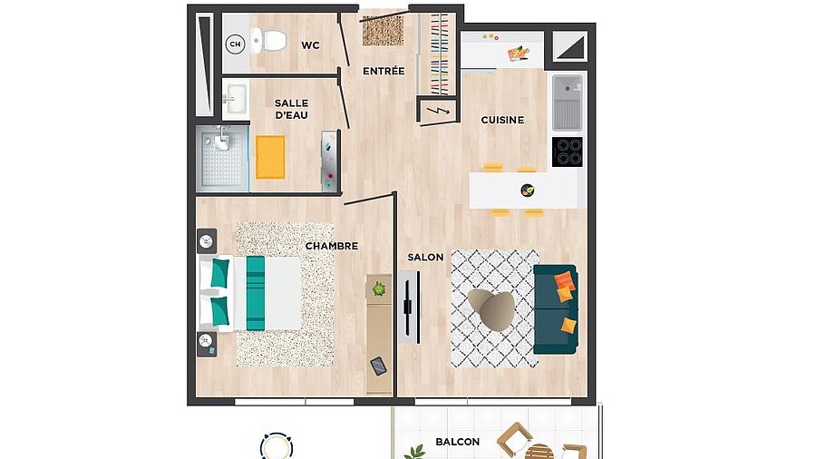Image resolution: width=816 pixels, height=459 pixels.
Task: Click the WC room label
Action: pyautogui.click(x=310, y=45)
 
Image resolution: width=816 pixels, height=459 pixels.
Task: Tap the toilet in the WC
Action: pyautogui.click(x=267, y=40)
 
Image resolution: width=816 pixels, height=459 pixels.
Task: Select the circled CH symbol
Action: pyautogui.click(x=235, y=44)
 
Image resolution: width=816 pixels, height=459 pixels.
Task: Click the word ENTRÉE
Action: pyautogui.click(x=384, y=71)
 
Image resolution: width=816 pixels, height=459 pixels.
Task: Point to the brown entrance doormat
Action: pyautogui.click(x=383, y=31)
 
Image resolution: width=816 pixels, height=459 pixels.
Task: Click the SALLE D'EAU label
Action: pyautogui.click(x=291, y=109)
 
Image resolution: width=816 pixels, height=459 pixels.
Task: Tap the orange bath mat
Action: pyautogui.click(x=270, y=157)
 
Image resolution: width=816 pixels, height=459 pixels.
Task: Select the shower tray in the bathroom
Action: pyautogui.click(x=222, y=157)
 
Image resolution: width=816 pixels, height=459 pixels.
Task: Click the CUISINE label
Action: pyautogui.click(x=502, y=120)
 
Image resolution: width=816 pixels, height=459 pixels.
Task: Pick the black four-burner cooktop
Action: pyautogui.click(x=568, y=152)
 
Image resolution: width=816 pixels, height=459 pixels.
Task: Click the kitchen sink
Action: pyautogui.click(x=568, y=103)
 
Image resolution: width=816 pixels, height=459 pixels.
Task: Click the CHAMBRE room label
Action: pyautogui.click(x=332, y=246)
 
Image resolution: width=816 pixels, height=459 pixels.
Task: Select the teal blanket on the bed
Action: pyautogui.click(x=256, y=293)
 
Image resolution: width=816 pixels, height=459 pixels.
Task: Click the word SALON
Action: pyautogui.click(x=425, y=257)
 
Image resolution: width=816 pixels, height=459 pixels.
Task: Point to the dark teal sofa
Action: pyautogui.click(x=556, y=309)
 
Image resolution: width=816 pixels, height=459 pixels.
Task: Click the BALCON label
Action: pyautogui.click(x=458, y=442)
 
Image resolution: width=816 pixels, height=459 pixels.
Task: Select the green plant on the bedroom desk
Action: pyautogui.click(x=379, y=288)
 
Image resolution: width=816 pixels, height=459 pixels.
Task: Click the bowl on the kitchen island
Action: pyautogui.click(x=528, y=190)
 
